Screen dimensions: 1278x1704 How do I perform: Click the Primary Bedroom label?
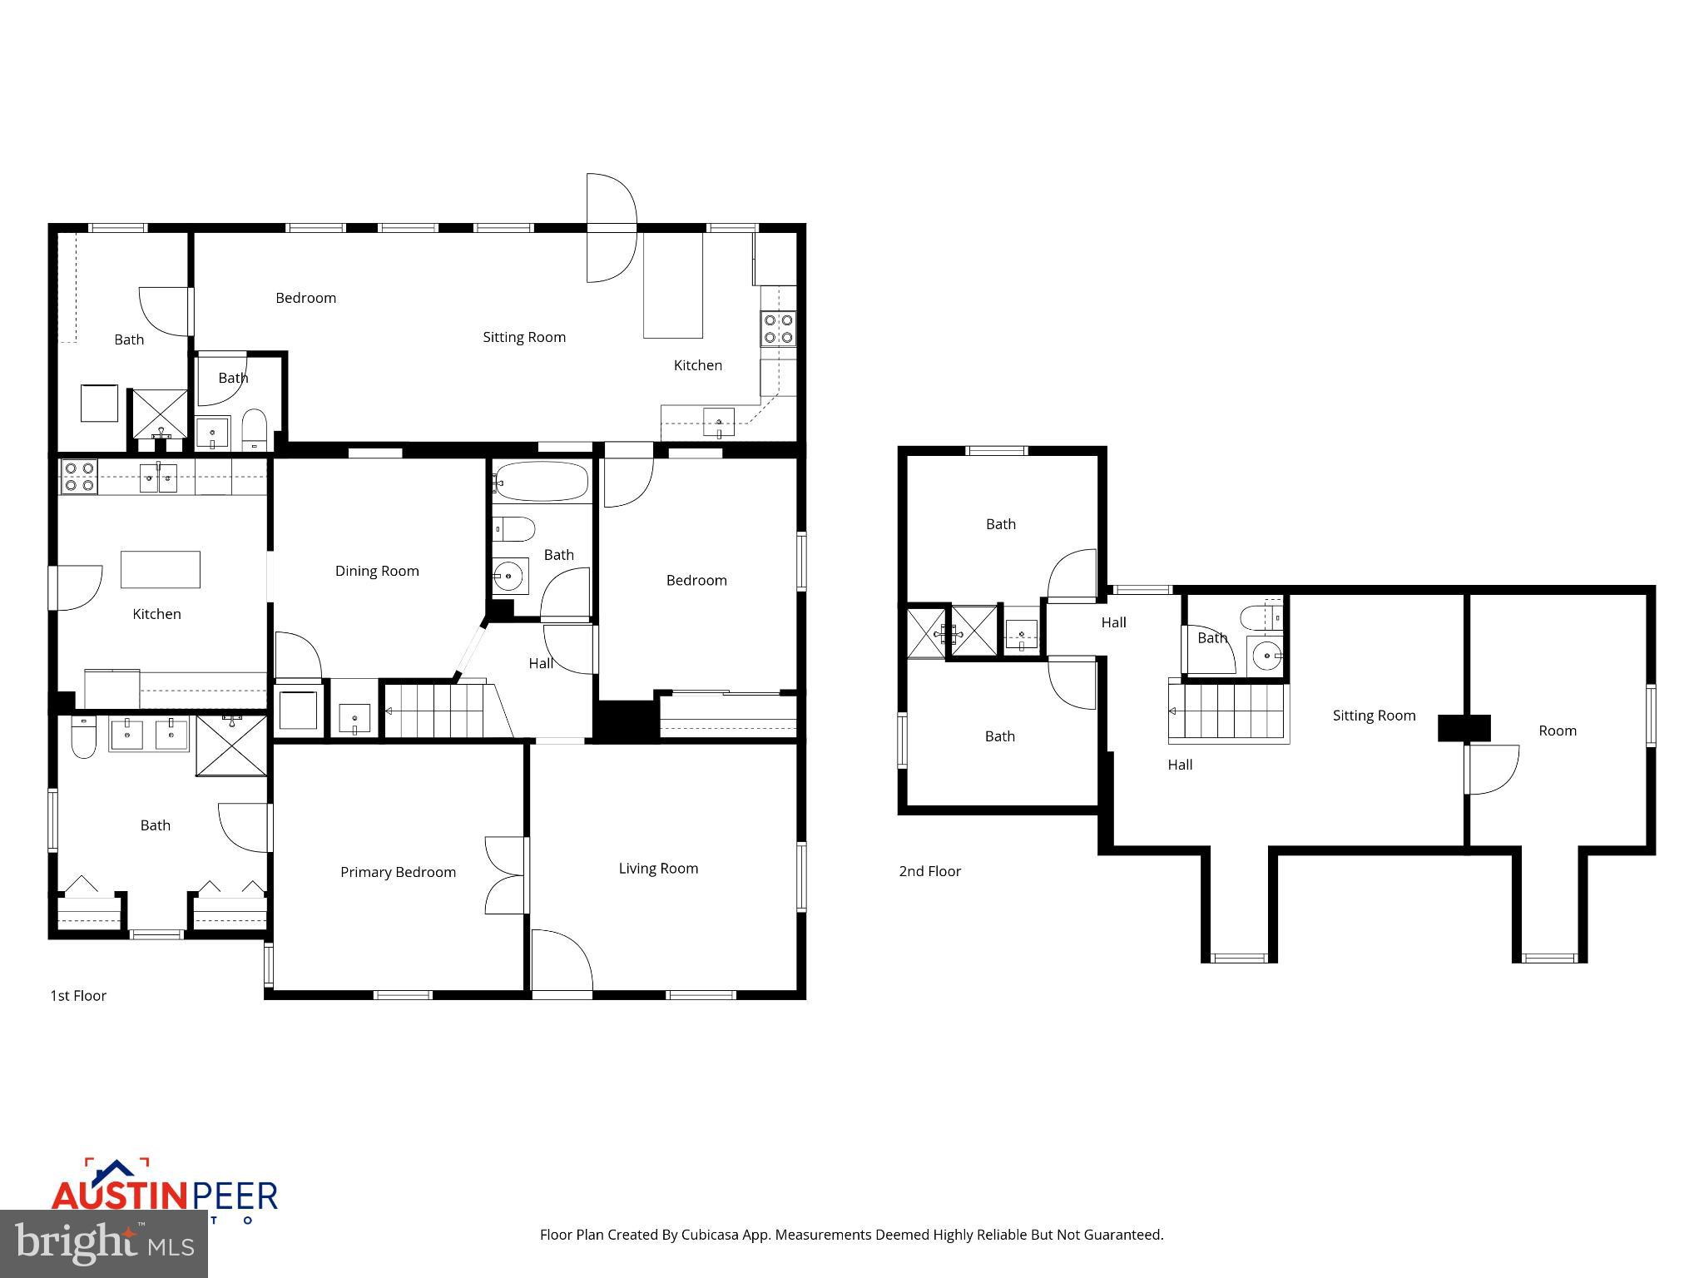click(x=398, y=872)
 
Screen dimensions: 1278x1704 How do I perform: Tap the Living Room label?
click(x=658, y=869)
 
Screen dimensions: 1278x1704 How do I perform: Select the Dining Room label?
click(x=377, y=571)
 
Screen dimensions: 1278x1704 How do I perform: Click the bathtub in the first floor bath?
click(x=541, y=482)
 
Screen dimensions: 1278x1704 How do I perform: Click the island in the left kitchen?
click(x=161, y=570)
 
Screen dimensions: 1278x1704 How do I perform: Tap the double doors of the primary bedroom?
click(x=505, y=875)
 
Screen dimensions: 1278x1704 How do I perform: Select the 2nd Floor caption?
click(x=929, y=871)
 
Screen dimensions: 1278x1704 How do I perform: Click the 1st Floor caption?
click(x=78, y=996)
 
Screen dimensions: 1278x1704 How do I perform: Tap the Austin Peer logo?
click(x=164, y=1194)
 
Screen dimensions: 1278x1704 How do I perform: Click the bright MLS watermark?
click(x=104, y=1244)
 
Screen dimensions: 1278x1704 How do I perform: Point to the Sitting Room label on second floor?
click(x=1374, y=716)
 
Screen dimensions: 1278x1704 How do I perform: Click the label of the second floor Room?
click(x=1557, y=731)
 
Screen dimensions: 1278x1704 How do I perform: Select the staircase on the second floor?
click(x=1229, y=712)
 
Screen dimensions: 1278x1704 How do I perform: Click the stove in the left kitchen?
click(x=79, y=477)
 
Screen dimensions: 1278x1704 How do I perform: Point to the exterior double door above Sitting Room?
click(x=612, y=227)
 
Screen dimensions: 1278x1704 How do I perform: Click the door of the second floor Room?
click(x=1492, y=769)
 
